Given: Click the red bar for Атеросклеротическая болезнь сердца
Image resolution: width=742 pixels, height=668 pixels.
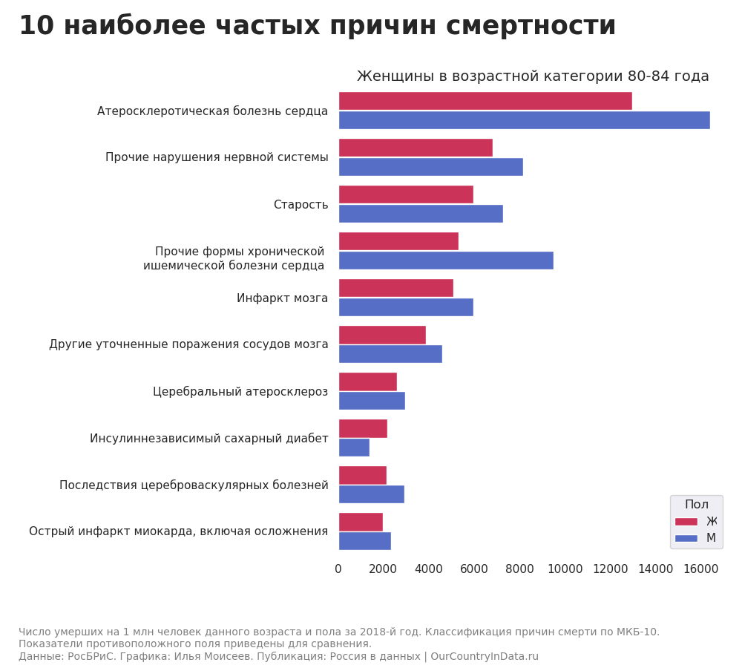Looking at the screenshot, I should (x=485, y=101).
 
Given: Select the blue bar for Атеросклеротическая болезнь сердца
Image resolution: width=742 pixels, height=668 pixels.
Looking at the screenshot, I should (x=524, y=120).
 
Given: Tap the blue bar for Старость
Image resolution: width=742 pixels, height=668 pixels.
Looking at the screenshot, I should (x=421, y=214).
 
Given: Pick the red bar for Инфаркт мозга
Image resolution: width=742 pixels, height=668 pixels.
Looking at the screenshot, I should (x=395, y=288).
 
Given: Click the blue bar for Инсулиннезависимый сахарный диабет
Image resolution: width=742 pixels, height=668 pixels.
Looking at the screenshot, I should (x=354, y=448).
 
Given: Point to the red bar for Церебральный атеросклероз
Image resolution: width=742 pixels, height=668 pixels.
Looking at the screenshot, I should (x=367, y=382).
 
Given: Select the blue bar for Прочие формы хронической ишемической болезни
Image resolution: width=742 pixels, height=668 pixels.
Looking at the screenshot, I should (x=446, y=261).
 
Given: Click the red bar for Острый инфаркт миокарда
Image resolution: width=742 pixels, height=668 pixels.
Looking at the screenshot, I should (x=361, y=522).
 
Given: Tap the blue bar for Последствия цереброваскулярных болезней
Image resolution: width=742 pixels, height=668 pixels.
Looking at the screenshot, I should (x=371, y=494).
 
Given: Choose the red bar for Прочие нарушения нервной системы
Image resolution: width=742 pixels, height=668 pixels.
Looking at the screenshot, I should (x=416, y=148).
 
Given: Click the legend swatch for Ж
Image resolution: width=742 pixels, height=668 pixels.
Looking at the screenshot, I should (x=686, y=522).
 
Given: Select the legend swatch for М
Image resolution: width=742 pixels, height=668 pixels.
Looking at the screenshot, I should (x=686, y=538).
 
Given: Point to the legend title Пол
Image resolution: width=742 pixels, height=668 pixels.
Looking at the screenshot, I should (x=696, y=505).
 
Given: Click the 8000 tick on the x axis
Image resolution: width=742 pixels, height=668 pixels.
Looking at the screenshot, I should (x=519, y=569).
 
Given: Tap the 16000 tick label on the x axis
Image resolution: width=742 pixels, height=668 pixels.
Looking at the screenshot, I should (x=700, y=569).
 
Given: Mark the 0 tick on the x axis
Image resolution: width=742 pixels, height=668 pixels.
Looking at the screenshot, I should (x=338, y=569).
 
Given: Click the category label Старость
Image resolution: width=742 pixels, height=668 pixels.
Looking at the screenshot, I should (x=301, y=205).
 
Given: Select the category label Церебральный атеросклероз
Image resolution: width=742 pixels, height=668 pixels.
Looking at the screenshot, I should (x=240, y=392).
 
